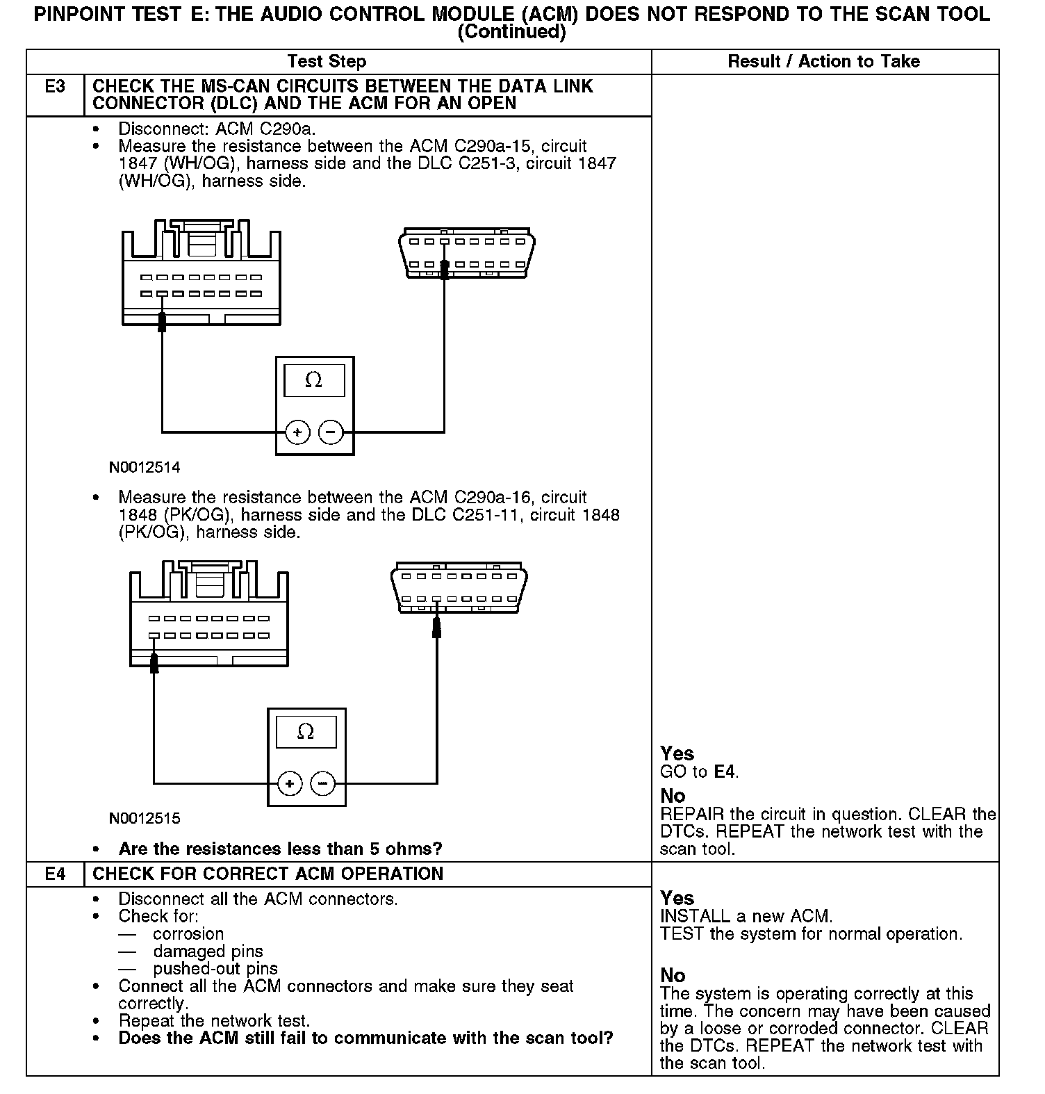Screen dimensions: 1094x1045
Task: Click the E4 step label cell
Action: [x=55, y=874]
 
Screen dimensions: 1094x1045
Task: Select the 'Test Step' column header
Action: [x=327, y=61]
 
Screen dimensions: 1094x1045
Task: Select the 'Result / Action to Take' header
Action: [x=823, y=61]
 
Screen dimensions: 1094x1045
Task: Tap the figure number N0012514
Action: [x=145, y=467]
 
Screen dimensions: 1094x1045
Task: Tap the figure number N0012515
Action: [x=145, y=818]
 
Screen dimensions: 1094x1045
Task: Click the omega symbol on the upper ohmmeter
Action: [x=314, y=380]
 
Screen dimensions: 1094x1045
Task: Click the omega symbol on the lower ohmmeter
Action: [x=306, y=732]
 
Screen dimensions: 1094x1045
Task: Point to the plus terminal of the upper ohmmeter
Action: [x=297, y=432]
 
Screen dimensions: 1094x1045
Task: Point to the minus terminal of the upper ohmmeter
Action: [x=331, y=432]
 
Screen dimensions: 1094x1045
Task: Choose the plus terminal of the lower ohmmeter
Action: [x=290, y=784]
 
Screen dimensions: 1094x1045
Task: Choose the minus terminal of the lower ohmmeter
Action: [x=322, y=784]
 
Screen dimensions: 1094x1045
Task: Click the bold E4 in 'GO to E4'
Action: [x=725, y=771]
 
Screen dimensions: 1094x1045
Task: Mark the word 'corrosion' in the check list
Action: [x=188, y=933]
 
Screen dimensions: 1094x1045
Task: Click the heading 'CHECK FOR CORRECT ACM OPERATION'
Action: [x=268, y=874]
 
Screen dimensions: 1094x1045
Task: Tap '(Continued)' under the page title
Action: [x=511, y=32]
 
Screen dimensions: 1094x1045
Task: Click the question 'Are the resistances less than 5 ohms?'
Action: [x=280, y=849]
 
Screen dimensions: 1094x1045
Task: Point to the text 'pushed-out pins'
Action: [x=215, y=968]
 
